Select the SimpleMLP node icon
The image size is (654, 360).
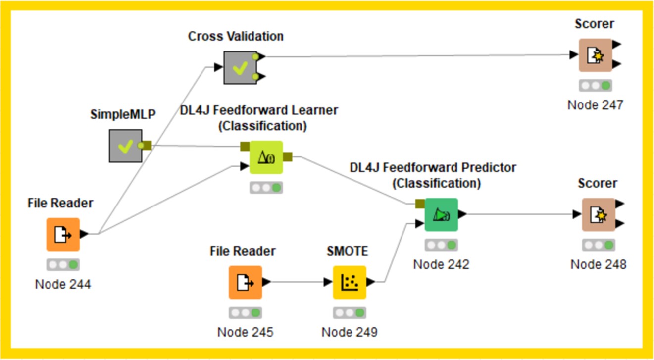point(126,146)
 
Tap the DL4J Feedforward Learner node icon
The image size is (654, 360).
point(266,157)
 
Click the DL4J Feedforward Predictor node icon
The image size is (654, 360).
point(441,214)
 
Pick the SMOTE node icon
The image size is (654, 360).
point(349,282)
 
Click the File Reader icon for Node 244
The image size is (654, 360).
point(63,234)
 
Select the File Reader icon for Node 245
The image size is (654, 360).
point(245,282)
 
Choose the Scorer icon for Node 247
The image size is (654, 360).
point(595,55)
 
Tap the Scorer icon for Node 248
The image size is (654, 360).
point(598,215)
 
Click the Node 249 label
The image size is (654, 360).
point(349,332)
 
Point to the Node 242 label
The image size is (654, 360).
point(441,264)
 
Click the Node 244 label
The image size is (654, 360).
point(63,284)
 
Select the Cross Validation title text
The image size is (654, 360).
point(236,36)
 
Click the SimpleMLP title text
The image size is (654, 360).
point(123,114)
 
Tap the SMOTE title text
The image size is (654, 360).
point(348,251)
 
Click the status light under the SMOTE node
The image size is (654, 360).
point(349,313)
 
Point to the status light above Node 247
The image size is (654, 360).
point(595,85)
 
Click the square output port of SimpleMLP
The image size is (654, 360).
point(148,146)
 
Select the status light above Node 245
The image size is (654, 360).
point(245,313)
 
